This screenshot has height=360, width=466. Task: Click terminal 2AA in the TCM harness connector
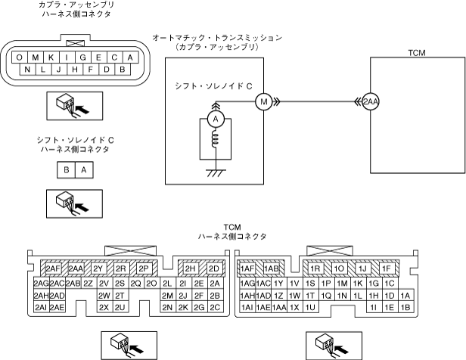(76, 268)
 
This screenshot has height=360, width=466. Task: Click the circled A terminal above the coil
(215, 120)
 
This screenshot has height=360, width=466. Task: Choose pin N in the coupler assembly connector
(27, 70)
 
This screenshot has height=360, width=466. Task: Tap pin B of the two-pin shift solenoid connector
(67, 170)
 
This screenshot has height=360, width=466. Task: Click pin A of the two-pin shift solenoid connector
(83, 170)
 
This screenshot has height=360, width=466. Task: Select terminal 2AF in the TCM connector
(52, 268)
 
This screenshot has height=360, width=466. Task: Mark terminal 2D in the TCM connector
(214, 268)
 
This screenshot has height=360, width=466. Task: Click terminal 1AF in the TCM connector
(247, 268)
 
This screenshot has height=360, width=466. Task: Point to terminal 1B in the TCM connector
(406, 308)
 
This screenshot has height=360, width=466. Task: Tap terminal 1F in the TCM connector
(387, 268)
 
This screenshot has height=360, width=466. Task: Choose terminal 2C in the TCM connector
(215, 308)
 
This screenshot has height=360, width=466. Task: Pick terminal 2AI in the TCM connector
(41, 308)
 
